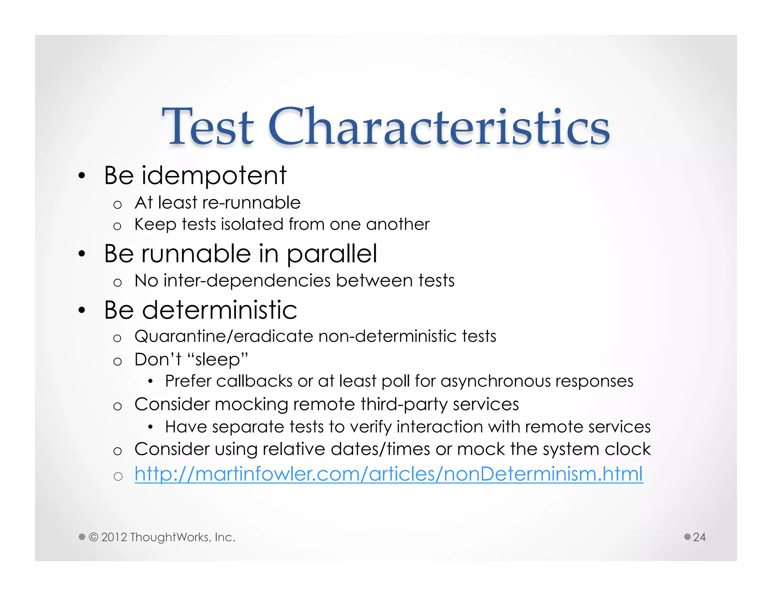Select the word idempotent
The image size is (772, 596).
click(214, 176)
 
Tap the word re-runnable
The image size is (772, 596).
click(251, 203)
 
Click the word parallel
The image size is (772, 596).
click(332, 254)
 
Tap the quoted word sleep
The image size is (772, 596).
click(218, 359)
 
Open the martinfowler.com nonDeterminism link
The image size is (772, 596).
click(389, 474)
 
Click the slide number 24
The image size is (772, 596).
click(699, 537)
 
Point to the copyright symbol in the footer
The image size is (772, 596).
click(93, 537)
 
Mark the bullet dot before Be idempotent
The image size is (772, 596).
click(82, 176)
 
